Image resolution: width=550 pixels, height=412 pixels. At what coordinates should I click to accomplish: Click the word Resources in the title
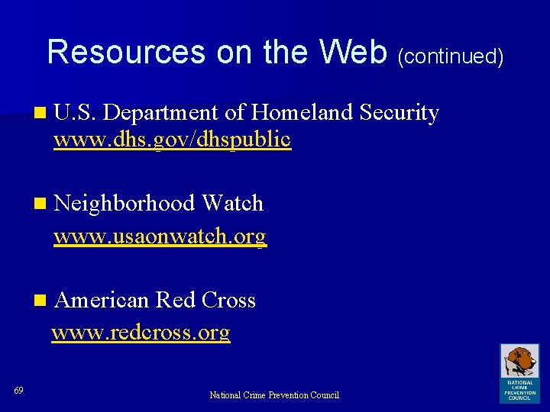pyautogui.click(x=127, y=53)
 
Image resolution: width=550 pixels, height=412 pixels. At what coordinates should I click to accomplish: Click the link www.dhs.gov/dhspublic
pyautogui.click(x=172, y=140)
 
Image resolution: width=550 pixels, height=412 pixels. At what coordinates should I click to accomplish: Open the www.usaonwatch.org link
pyautogui.click(x=160, y=237)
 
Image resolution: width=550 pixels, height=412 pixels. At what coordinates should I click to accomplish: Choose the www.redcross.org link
pyautogui.click(x=141, y=333)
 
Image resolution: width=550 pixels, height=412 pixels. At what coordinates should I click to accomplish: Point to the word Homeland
pyautogui.click(x=298, y=113)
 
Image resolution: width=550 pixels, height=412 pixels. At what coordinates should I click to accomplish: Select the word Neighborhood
pyautogui.click(x=125, y=204)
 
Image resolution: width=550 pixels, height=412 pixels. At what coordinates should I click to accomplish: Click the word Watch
pyautogui.click(x=232, y=204)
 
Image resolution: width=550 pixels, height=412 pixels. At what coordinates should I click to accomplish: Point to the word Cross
pyautogui.click(x=228, y=301)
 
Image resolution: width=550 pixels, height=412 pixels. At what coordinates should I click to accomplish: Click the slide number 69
pyautogui.click(x=18, y=391)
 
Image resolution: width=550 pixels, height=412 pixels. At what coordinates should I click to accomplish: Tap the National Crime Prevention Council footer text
pyautogui.click(x=274, y=395)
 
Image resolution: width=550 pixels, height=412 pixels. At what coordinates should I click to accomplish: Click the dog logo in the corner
pyautogui.click(x=519, y=372)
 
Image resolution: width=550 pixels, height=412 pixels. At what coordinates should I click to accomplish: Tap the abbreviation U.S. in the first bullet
pyautogui.click(x=74, y=113)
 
